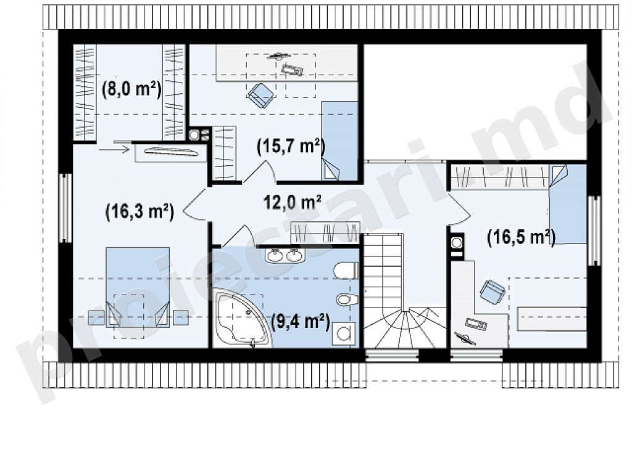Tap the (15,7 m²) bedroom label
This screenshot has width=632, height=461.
tap(291, 147)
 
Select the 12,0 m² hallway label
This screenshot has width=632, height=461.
tap(293, 202)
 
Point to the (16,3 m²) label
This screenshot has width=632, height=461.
tap(139, 211)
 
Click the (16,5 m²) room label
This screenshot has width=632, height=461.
tap(522, 237)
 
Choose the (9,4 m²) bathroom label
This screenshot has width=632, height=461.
tap(301, 322)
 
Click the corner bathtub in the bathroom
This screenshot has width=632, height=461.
tap(241, 318)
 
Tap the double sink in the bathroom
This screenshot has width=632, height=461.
tap(285, 255)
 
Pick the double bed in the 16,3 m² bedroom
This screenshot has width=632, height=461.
tap(138, 287)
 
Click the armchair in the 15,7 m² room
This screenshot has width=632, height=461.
tap(260, 96)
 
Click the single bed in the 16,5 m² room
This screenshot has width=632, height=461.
tap(568, 204)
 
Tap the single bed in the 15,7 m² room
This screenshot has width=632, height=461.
tap(339, 141)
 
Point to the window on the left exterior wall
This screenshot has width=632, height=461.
tap(64, 208)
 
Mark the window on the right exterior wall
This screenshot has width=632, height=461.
tap(593, 230)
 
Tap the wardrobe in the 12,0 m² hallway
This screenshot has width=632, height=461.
tap(325, 232)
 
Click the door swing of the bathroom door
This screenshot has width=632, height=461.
tap(239, 235)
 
